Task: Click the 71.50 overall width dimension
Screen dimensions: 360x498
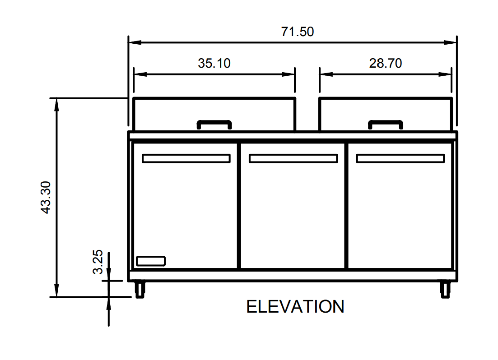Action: (x=297, y=32)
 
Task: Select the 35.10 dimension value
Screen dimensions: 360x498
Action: (x=214, y=63)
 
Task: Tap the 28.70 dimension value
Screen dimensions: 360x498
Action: (x=385, y=63)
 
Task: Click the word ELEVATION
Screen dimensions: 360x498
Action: (x=295, y=307)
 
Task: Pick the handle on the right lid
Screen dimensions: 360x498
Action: (x=385, y=124)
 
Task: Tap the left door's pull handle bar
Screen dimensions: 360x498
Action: (x=186, y=158)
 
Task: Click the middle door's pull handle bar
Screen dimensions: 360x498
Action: (x=293, y=158)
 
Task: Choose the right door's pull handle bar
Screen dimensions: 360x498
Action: (x=400, y=158)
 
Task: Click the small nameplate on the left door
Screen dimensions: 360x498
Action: (x=151, y=261)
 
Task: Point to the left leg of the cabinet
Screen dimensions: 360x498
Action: (x=140, y=290)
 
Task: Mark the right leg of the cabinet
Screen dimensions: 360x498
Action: (x=445, y=290)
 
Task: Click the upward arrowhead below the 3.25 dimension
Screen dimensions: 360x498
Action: (x=109, y=303)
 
